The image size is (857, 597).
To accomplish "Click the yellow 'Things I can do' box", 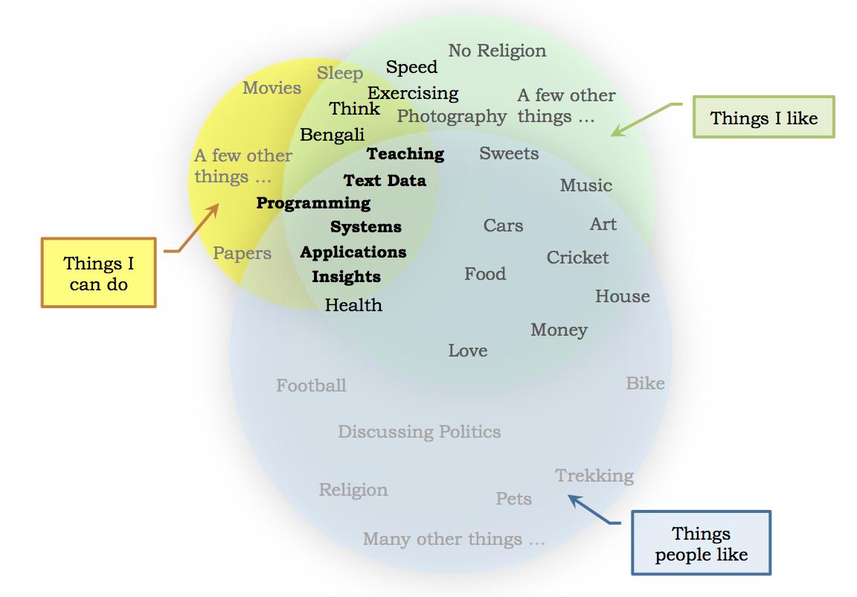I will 98,272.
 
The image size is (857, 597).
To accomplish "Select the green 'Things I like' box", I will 763,117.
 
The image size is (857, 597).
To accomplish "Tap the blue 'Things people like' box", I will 701,543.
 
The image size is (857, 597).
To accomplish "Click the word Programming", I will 313,203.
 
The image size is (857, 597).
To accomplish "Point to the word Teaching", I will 405,154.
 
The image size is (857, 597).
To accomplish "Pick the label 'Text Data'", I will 385,180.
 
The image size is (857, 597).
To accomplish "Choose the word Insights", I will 346,277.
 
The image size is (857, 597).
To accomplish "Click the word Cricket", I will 577,258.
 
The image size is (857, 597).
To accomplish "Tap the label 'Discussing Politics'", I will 419,432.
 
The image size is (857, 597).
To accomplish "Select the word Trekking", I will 594,476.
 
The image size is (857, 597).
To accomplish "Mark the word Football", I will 311,386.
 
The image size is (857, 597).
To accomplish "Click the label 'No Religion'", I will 497,51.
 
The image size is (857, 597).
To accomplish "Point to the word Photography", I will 452,117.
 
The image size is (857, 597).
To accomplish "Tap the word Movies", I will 272,88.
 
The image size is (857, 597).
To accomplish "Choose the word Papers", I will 242,253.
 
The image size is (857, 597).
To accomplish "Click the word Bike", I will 645,383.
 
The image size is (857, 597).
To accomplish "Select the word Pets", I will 513,499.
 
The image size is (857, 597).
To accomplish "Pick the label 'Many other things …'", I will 454,539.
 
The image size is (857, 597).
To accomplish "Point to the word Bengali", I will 332,135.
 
